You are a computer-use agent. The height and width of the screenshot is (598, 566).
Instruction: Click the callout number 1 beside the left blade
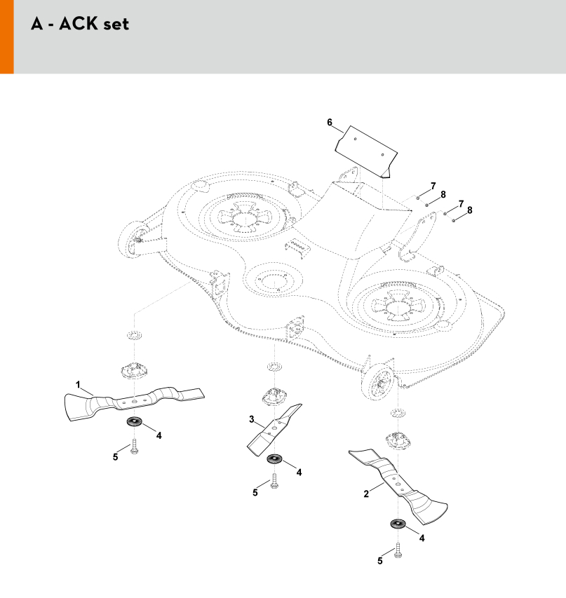tap(78, 384)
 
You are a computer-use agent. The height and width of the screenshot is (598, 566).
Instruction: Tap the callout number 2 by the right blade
tap(366, 494)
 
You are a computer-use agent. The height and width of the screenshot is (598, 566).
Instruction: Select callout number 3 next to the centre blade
tap(252, 419)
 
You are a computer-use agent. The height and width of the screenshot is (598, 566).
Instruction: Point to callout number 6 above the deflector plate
tap(330, 123)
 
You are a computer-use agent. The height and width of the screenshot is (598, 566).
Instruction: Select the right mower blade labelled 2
tap(398, 486)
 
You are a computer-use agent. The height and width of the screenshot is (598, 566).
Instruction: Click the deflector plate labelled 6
tap(366, 152)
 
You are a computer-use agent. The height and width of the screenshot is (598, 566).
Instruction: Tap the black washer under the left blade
tap(134, 422)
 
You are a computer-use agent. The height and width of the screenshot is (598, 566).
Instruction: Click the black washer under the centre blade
tap(274, 458)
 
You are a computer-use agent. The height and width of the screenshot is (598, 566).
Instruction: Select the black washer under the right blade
tap(398, 524)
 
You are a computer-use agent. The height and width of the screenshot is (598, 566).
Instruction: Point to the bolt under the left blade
tap(134, 447)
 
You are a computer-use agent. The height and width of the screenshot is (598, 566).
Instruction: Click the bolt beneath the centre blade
tap(274, 481)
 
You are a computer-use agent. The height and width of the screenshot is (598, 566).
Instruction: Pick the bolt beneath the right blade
tap(398, 550)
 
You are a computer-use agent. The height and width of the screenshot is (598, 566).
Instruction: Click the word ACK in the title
tap(79, 24)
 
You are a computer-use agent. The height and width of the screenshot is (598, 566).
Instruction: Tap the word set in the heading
tap(116, 25)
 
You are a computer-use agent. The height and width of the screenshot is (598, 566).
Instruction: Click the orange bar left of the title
tap(7, 36)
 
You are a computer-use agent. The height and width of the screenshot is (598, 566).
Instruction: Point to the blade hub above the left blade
tap(134, 370)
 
